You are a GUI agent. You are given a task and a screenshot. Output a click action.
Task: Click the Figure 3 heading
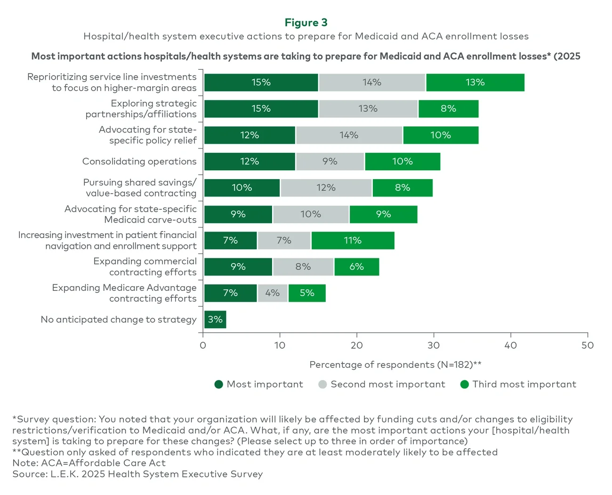(306, 23)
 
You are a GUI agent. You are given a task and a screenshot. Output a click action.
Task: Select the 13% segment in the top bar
(475, 82)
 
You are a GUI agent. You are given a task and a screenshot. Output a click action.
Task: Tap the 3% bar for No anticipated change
(215, 320)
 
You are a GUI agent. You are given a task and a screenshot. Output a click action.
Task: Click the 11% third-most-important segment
(353, 240)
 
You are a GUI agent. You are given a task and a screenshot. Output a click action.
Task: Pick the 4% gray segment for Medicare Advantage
(273, 293)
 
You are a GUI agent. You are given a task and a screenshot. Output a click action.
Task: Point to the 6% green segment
(356, 267)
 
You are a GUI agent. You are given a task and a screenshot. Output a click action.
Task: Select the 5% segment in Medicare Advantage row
(307, 293)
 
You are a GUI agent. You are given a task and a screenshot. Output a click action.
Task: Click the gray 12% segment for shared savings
(326, 188)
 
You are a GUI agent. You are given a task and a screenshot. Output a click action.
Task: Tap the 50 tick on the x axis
(588, 346)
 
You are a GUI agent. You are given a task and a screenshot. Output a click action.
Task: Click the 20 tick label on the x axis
(356, 346)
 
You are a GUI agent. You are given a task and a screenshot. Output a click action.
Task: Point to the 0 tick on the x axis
(203, 346)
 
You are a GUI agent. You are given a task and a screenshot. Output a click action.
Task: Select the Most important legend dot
(218, 384)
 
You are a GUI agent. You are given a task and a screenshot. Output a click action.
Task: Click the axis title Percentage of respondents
(395, 364)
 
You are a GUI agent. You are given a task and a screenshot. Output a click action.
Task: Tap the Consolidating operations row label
(139, 161)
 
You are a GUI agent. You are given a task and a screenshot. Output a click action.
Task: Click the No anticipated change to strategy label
(119, 320)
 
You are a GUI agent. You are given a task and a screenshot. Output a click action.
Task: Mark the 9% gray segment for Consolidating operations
(330, 161)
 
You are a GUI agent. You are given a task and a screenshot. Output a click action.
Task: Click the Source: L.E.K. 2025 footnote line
(137, 474)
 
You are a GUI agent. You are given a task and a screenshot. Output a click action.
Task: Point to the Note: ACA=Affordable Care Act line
(89, 463)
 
